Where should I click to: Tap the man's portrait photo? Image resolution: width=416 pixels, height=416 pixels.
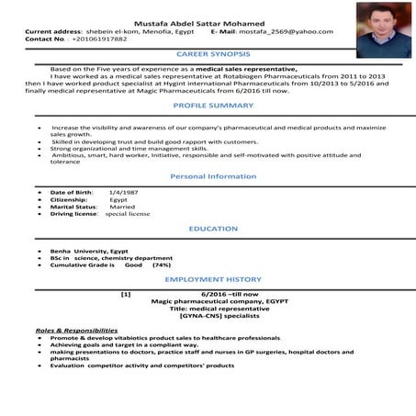click(x=377, y=28)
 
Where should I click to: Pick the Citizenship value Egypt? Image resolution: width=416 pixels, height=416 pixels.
click(x=118, y=199)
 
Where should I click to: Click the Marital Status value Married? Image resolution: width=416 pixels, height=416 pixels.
click(x=122, y=207)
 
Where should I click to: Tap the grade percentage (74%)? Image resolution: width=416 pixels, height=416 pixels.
click(x=162, y=264)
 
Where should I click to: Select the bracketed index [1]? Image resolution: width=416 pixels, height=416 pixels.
click(x=126, y=293)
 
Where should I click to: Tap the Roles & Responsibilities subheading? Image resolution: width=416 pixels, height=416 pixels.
click(x=76, y=329)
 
